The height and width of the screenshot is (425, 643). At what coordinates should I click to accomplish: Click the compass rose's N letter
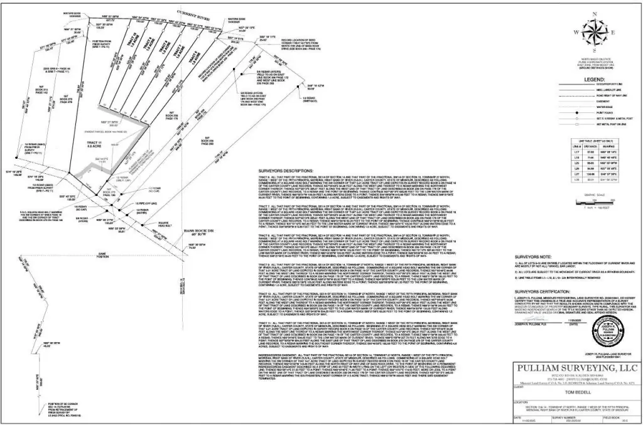coord(595,13)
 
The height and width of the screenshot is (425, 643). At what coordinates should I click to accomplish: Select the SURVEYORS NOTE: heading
coord(531,257)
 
